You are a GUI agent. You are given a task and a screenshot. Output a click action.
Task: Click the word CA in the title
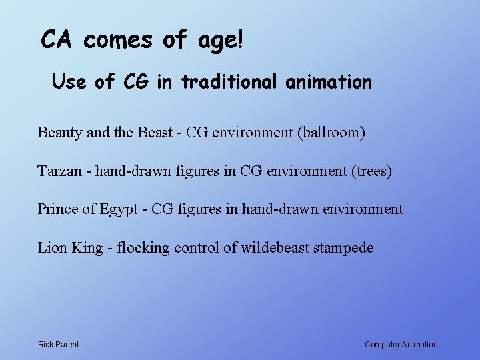(x=57, y=40)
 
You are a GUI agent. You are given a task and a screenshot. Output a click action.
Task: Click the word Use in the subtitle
(x=69, y=82)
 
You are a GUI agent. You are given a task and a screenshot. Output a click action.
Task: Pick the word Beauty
(x=61, y=132)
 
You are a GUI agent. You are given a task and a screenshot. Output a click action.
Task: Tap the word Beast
(x=155, y=132)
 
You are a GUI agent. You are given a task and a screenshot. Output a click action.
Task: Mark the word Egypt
(x=119, y=210)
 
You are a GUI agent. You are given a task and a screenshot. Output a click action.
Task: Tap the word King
(x=87, y=249)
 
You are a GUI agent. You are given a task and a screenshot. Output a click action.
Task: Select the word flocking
(x=143, y=249)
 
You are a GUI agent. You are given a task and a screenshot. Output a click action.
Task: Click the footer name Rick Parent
(x=58, y=345)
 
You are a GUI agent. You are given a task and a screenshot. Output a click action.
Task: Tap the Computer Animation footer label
(x=401, y=345)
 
